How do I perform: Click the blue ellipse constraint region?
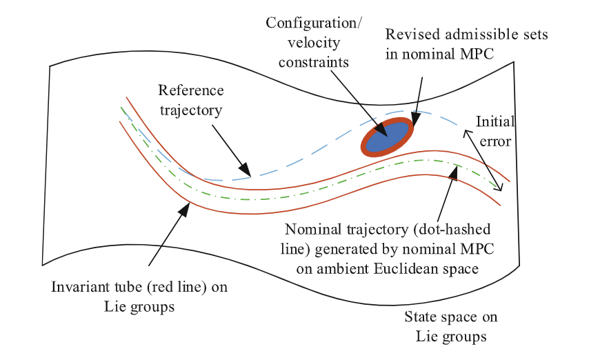(x=387, y=138)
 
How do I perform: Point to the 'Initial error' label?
(x=494, y=132)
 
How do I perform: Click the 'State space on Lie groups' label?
(x=451, y=327)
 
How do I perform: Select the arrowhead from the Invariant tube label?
(x=186, y=208)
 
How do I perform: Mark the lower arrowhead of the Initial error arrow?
(x=501, y=188)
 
